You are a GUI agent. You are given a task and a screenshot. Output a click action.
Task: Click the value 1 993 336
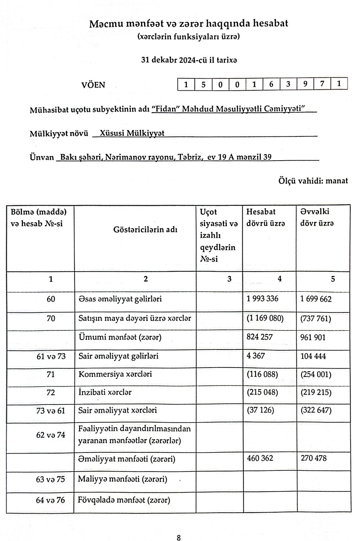pos(262,298)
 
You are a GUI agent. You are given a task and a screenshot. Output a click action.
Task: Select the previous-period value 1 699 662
pos(316,299)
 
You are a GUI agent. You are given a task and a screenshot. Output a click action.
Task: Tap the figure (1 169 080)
pos(265,318)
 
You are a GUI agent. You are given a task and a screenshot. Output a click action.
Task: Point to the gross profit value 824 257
pos(260,337)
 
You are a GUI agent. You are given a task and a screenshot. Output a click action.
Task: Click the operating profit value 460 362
pos(260,458)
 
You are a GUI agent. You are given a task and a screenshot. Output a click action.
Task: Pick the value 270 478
pos(314,458)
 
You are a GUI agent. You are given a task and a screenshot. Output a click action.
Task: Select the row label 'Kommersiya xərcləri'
pos(115,374)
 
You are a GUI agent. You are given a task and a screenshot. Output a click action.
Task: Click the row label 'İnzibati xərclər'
pos(105,392)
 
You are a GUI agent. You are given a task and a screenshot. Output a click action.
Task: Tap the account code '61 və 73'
pos(51,356)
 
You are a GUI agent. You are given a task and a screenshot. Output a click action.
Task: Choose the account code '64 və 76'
pos(51,500)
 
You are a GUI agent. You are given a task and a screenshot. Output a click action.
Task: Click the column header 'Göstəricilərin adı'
pos(145,230)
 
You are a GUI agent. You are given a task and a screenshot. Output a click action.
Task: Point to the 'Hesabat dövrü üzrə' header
pos(266,217)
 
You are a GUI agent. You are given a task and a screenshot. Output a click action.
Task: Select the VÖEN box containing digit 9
pos(305,85)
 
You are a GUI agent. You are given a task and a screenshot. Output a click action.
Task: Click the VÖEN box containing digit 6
pos(271,85)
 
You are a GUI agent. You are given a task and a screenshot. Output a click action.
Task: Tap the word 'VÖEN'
pos(94,85)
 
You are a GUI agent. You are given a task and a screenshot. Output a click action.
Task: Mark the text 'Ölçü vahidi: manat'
pos(313,181)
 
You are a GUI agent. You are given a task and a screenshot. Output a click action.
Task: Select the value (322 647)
pos(316,410)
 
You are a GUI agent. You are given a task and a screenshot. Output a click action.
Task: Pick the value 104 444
pos(313,356)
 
